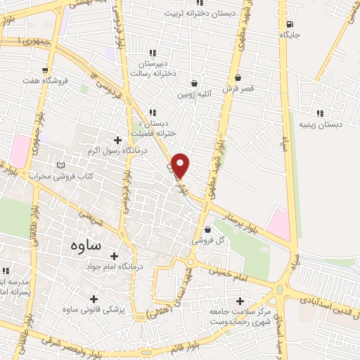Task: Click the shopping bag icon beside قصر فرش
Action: tap(238, 77)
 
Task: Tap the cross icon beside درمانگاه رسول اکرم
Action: tap(117, 140)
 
